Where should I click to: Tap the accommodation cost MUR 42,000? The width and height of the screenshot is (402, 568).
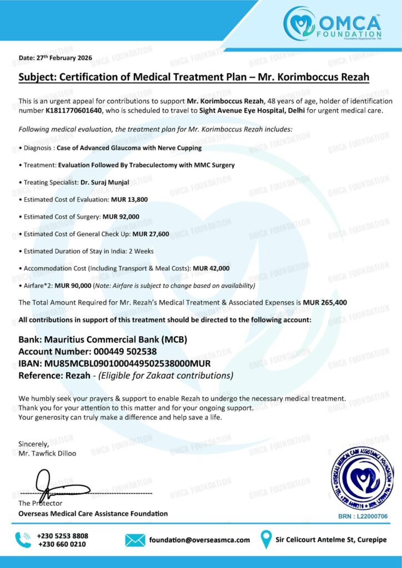212,268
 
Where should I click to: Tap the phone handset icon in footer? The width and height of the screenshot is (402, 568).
23,540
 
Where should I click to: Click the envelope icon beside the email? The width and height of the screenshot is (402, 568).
135,540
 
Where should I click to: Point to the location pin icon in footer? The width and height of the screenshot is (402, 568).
267,539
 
